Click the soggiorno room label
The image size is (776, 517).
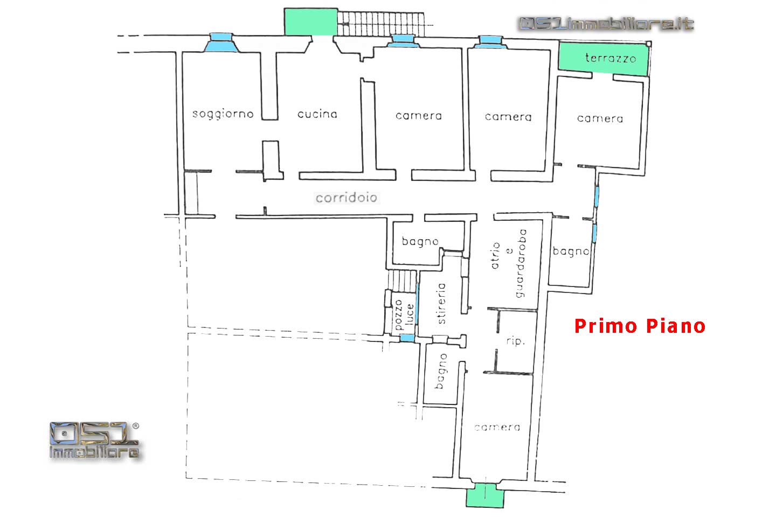[x=223, y=114]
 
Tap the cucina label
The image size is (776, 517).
[x=317, y=114]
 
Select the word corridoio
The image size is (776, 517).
[x=346, y=198]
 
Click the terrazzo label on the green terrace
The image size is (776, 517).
[x=611, y=58]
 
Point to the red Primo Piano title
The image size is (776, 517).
[x=640, y=326]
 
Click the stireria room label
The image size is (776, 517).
[x=441, y=303]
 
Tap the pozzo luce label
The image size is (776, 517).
[x=404, y=315]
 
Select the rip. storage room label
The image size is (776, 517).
[x=516, y=341]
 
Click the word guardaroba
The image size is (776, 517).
[x=521, y=263]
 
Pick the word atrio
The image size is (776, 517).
[x=495, y=256]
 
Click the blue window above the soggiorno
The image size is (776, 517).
[x=221, y=43]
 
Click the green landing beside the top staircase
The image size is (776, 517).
[x=311, y=22]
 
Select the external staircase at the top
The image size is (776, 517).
[x=380, y=24]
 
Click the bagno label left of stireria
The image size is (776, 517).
[x=441, y=371]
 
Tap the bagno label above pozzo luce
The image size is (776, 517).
[x=420, y=242]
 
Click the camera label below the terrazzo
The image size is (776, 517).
[x=600, y=119]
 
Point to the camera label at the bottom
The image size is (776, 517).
[x=497, y=427]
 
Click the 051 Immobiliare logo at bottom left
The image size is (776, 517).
[x=94, y=441]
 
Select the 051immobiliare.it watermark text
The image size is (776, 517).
[x=606, y=24]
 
